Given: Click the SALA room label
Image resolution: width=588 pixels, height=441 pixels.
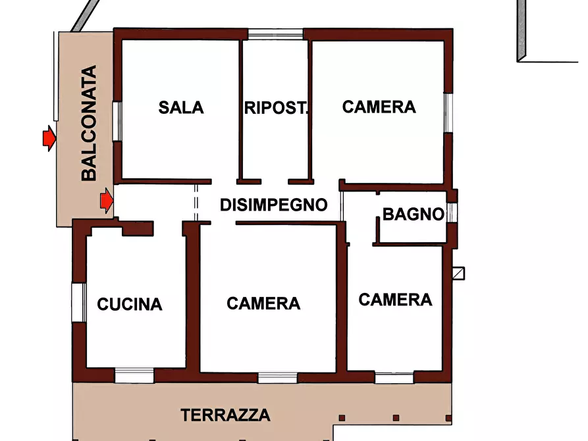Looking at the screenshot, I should click(x=181, y=107).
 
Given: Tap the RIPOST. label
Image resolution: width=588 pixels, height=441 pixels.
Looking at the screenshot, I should click(x=276, y=108).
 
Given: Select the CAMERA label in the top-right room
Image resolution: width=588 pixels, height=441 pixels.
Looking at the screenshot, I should click(x=379, y=107).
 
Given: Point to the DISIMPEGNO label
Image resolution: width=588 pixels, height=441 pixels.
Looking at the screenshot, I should click(x=273, y=205).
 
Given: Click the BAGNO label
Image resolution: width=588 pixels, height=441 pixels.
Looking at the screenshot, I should click(x=413, y=214).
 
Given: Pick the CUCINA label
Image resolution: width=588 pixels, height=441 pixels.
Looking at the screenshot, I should click(x=130, y=304).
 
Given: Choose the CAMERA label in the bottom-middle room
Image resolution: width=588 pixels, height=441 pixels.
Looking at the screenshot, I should click(x=263, y=303).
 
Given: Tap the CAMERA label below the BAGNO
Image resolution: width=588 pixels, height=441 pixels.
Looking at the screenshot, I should click(x=395, y=300).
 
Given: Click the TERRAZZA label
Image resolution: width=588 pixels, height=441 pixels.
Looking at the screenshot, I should click(x=226, y=415).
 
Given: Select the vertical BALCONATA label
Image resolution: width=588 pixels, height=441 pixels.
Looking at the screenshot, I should click(x=89, y=123).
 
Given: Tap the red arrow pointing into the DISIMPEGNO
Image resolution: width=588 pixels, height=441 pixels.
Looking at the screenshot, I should click(x=105, y=201).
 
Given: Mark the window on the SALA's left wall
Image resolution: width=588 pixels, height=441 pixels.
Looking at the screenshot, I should click(x=117, y=120).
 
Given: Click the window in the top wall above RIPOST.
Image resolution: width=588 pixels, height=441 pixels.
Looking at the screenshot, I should click(x=275, y=34).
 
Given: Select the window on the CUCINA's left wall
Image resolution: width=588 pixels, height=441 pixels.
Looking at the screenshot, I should click(x=79, y=303).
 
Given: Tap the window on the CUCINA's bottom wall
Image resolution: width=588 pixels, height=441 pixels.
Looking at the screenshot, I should click(x=134, y=375).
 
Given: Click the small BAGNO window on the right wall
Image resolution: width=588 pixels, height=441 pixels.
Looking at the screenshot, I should click(x=451, y=213).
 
